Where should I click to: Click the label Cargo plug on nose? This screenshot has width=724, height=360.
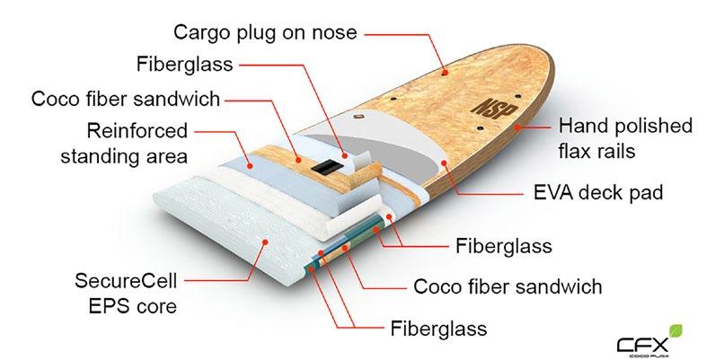coord(265,32)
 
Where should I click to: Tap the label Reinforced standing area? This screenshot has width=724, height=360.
coord(123,144)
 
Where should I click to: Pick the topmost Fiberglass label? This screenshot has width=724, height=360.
coord(185,65)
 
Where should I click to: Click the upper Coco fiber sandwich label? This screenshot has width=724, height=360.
coord(125,98)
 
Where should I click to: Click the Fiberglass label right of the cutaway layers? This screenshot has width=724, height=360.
coord(504,244)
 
